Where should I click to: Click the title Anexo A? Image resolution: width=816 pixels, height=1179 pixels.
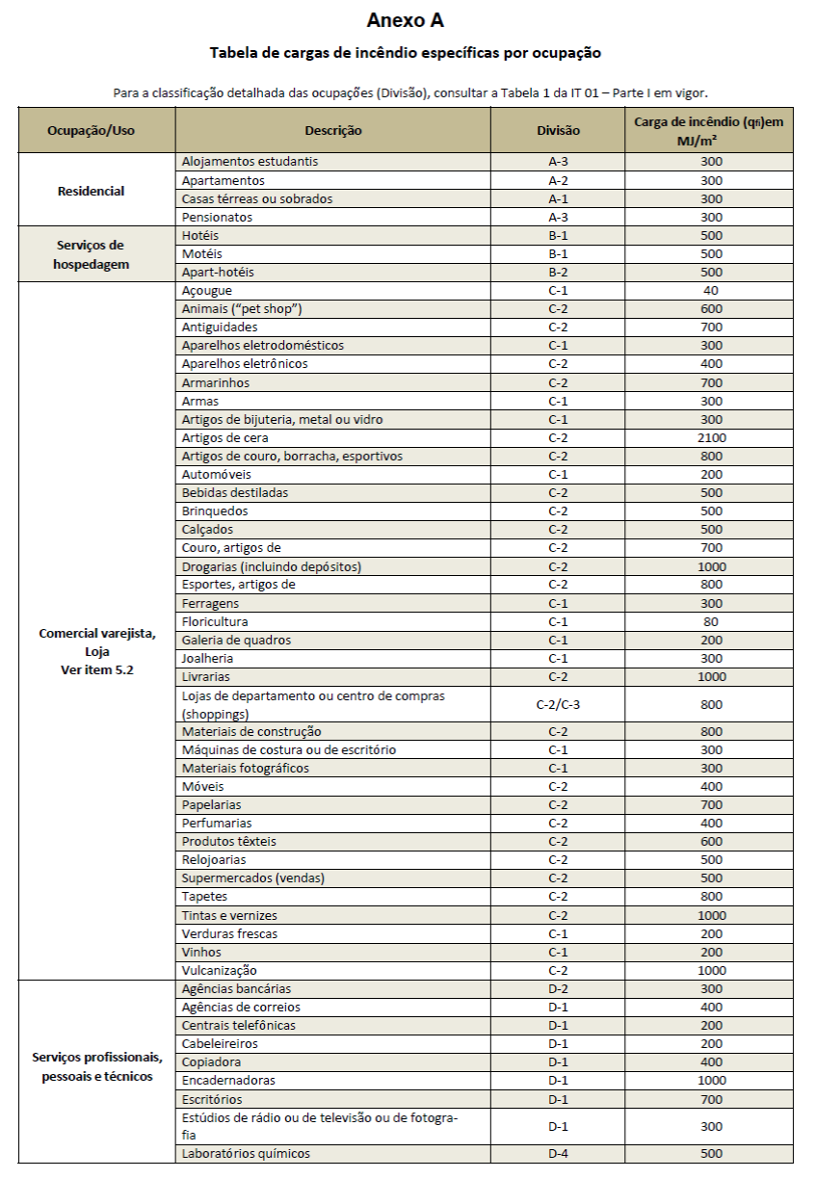(x=406, y=20)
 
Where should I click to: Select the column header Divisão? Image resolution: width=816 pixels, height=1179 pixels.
(x=558, y=130)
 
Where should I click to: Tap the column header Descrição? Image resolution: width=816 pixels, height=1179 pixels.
(x=332, y=130)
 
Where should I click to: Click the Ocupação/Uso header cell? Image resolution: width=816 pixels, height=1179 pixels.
(x=97, y=130)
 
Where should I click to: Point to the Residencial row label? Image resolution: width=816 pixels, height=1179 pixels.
(x=92, y=191)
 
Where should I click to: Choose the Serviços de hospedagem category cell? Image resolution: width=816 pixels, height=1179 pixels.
(x=91, y=254)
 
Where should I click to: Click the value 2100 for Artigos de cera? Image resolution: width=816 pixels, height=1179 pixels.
(x=711, y=438)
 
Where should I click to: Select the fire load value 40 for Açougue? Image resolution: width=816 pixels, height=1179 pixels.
(x=711, y=291)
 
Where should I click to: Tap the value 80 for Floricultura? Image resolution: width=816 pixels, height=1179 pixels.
(x=711, y=622)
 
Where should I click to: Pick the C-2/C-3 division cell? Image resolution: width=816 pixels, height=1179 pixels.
(x=558, y=705)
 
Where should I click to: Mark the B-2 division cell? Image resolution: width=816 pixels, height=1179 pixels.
(x=558, y=273)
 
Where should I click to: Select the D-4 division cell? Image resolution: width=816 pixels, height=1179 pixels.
(x=558, y=1154)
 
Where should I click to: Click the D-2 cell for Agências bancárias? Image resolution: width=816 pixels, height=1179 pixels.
(x=558, y=989)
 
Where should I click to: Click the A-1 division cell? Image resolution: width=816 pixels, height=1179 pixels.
(x=558, y=199)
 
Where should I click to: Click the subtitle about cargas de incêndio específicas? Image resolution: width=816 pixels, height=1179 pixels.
(x=406, y=53)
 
